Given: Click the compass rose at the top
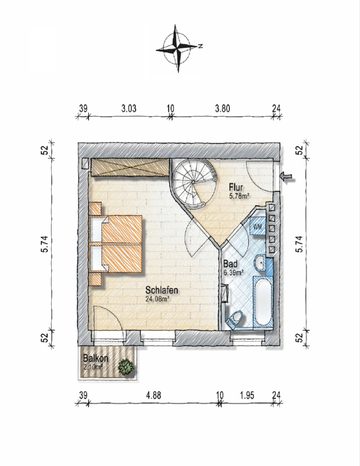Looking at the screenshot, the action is (x=178, y=49).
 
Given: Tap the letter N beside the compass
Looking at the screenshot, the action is (x=200, y=46).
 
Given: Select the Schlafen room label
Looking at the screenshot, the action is (x=162, y=290).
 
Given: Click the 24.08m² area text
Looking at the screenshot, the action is (x=157, y=299).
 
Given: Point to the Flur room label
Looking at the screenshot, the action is (x=236, y=187).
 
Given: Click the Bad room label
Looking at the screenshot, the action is (x=230, y=264).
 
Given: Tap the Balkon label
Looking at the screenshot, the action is (x=96, y=358).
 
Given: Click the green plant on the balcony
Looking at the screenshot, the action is (x=126, y=367).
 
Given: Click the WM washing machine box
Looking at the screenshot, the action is (x=257, y=226).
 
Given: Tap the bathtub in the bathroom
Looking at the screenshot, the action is (x=263, y=301).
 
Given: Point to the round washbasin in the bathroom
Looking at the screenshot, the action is (x=261, y=263).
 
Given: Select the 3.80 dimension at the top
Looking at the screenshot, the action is (x=223, y=109).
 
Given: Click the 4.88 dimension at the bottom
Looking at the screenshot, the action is (x=153, y=395).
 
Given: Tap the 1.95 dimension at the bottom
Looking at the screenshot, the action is (x=247, y=395).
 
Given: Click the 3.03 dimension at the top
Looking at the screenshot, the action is (x=129, y=109).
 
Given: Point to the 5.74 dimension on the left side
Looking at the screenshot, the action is (x=45, y=244).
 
